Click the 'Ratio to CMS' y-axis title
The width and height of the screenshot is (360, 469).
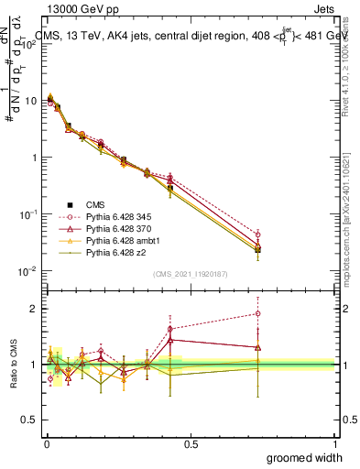(x=12, y=365)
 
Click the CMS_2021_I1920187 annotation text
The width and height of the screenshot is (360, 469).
(x=191, y=273)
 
